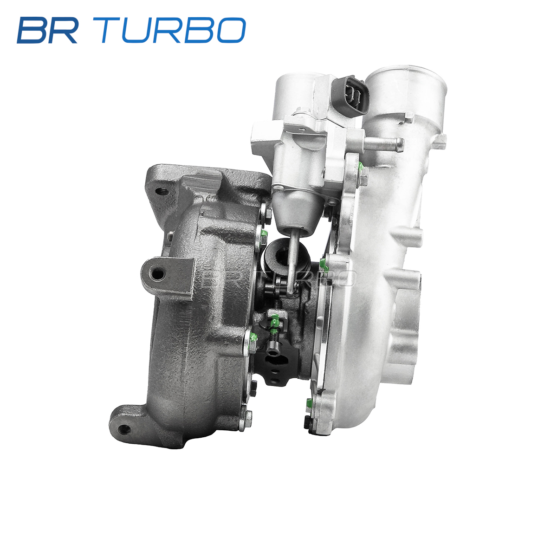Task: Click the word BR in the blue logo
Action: [x=47, y=30]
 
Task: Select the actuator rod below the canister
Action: [x=294, y=259]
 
